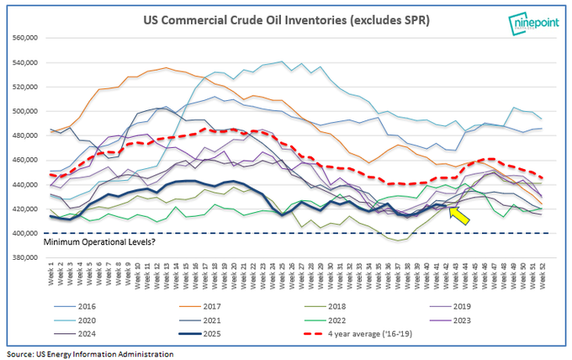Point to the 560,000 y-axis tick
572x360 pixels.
tap(28, 39)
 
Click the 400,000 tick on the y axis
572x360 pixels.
tap(28, 233)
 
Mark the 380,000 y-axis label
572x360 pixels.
tap(28, 257)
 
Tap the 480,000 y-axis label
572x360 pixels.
tap(28, 135)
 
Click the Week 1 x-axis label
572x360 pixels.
tap(53, 273)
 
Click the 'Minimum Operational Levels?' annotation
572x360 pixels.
tap(102, 242)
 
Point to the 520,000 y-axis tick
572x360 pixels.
tap(28, 87)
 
